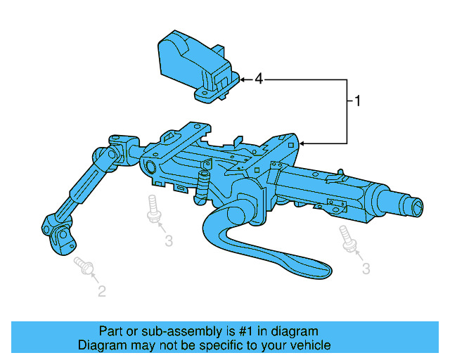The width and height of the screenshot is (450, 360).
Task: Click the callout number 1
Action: click(x=357, y=101)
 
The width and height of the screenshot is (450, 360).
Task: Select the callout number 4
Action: click(x=259, y=79)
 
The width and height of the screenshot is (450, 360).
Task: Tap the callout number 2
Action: click(x=102, y=291)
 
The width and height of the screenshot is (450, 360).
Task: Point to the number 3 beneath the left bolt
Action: click(x=169, y=241)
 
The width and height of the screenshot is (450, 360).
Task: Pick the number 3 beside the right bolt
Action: click(x=366, y=268)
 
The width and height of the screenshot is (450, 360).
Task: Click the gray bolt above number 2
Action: click(x=84, y=265)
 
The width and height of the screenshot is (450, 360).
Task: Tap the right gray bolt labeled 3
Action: click(x=347, y=238)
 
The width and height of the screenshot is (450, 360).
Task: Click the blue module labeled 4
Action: click(x=190, y=63)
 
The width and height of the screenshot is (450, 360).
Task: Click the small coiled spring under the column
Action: click(x=205, y=185)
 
